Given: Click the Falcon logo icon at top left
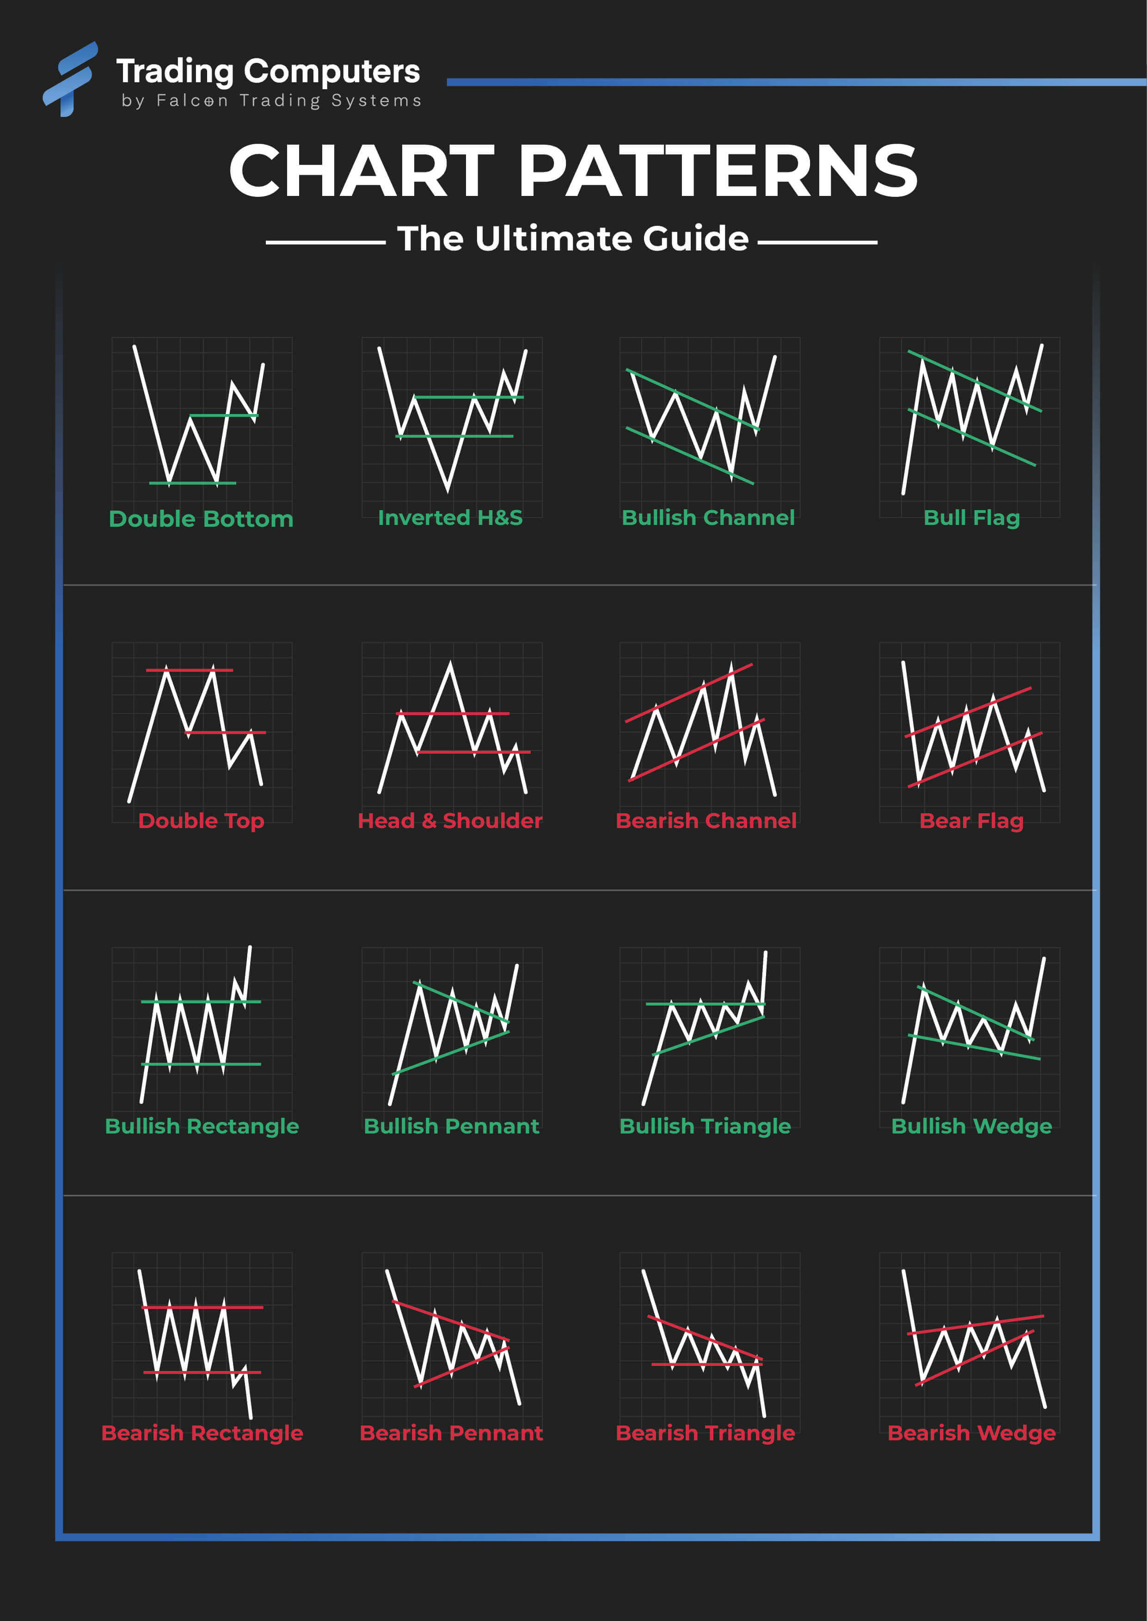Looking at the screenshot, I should (x=69, y=79).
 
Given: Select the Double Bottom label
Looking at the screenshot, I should (x=201, y=519).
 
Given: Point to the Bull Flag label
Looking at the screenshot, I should (x=971, y=518).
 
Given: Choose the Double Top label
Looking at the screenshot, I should (x=201, y=820).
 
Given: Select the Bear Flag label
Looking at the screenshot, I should (x=971, y=820).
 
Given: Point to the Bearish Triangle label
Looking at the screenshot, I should (x=705, y=1432).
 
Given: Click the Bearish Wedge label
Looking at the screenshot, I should (x=971, y=1432).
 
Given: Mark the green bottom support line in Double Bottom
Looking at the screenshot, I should (x=192, y=483).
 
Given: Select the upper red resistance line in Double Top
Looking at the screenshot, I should (x=189, y=669).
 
